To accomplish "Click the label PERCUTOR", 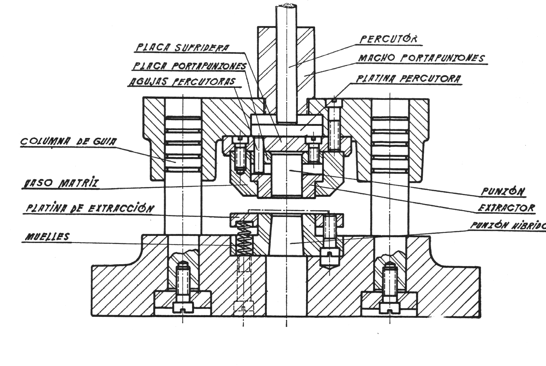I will tap(388, 39).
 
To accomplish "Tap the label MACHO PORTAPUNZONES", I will tap(421, 58).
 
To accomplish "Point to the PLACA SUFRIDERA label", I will tap(182, 48).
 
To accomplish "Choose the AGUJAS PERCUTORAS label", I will tap(181, 81).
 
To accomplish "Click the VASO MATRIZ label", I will tap(60, 183).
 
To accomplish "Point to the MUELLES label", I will tap(48, 237).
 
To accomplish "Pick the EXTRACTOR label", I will tap(506, 208).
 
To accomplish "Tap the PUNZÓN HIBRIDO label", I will tap(508, 225).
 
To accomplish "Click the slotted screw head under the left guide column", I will tap(182, 306).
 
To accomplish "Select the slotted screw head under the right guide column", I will tap(389, 306).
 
